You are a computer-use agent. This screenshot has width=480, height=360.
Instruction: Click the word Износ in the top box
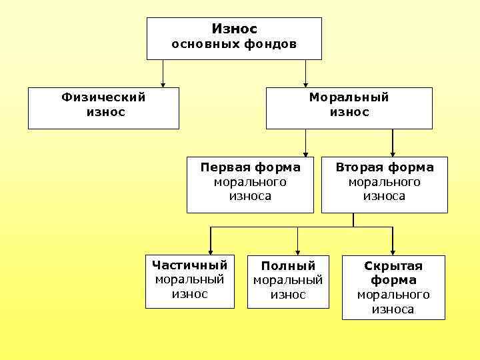click(234, 29)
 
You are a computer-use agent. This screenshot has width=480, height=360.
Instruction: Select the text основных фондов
click(234, 45)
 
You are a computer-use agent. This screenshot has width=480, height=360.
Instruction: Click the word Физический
click(103, 97)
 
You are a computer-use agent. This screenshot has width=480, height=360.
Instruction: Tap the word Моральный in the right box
click(349, 97)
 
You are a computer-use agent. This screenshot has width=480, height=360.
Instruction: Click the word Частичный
click(189, 265)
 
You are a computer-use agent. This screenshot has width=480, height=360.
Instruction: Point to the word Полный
click(288, 266)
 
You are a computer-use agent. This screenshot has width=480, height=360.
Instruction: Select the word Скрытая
click(393, 266)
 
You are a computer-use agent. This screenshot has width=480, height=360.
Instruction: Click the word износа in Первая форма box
click(250, 196)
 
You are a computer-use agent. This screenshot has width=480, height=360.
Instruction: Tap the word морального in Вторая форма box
click(384, 182)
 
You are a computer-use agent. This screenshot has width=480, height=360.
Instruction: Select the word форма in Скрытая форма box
click(393, 280)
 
